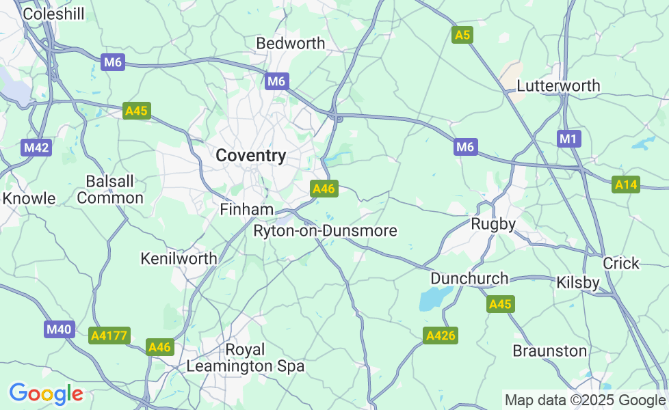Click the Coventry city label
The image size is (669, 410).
coord(251,156)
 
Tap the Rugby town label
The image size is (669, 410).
coord(493,224)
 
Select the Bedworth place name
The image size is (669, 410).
coord(290,44)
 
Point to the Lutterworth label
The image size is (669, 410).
coord(558,86)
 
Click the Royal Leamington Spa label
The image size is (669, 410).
coord(245,358)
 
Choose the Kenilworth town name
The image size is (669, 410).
coord(179,259)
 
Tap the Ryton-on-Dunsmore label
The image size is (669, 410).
coord(325,231)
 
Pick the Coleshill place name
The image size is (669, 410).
coord(53,14)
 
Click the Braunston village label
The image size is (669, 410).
coord(550,351)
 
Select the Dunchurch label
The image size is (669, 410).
coord(469,279)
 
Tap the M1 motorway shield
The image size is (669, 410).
coord(568,139)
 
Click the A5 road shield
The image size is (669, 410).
coord(462,35)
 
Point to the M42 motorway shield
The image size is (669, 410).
coord(36,148)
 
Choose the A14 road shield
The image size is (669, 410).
coord(626,184)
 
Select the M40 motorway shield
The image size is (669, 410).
coord(58,330)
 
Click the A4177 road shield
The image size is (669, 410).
coord(109,336)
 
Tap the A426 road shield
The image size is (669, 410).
coord(441,336)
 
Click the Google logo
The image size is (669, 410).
coord(46,394)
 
